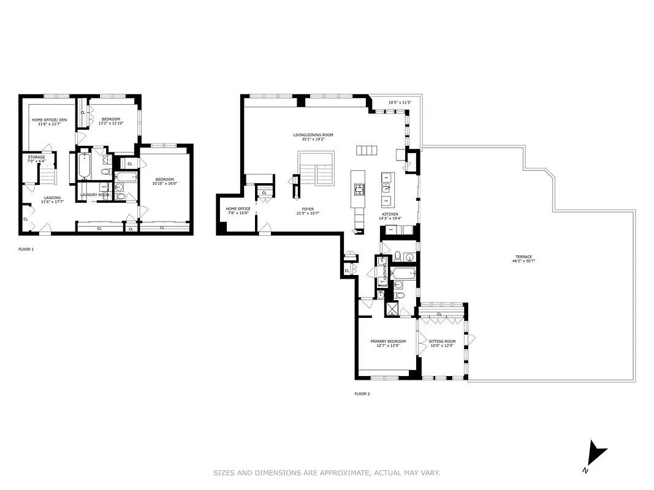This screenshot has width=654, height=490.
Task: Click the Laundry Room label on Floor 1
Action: pyautogui.click(x=94, y=195)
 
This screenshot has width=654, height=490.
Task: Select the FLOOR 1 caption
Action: pyautogui.click(x=26, y=249)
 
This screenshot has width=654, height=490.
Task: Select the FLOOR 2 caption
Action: pyautogui.click(x=362, y=394)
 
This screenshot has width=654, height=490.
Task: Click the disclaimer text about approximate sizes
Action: pyautogui.click(x=327, y=473)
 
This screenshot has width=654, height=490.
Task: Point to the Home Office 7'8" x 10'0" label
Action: pyautogui.click(x=238, y=211)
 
